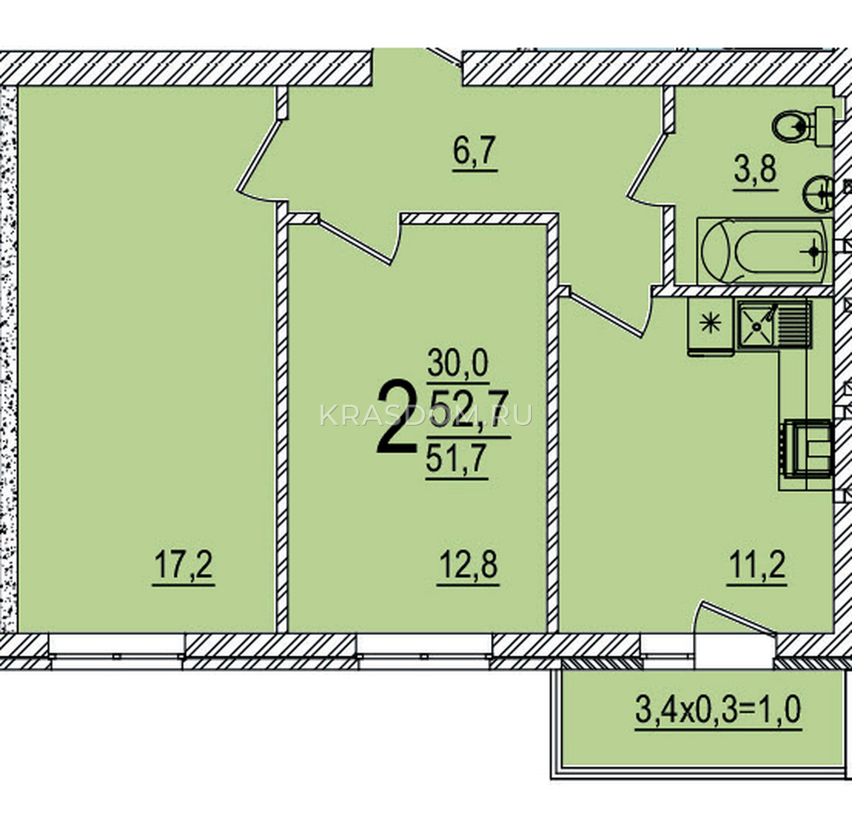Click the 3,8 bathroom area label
[x=756, y=170]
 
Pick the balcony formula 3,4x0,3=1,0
[x=718, y=711]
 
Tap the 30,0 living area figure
[x=458, y=364]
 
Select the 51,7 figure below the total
[x=457, y=458]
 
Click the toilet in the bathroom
[x=803, y=126]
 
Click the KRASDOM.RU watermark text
[x=426, y=415]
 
